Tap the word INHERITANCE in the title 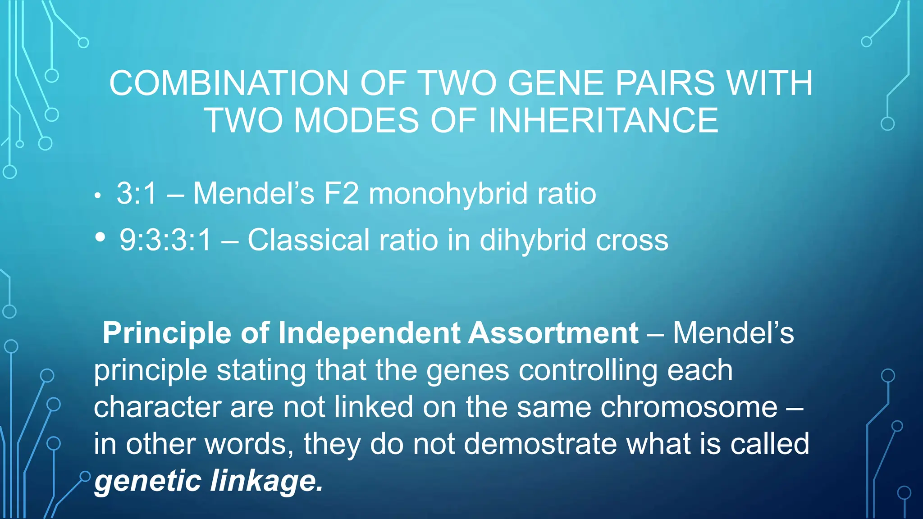(603, 121)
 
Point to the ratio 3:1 (137, 194)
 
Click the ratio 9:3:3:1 (165, 240)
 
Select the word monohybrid (448, 194)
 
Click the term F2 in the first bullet (342, 194)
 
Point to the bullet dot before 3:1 (97, 196)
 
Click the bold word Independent (370, 333)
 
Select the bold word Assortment (553, 333)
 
